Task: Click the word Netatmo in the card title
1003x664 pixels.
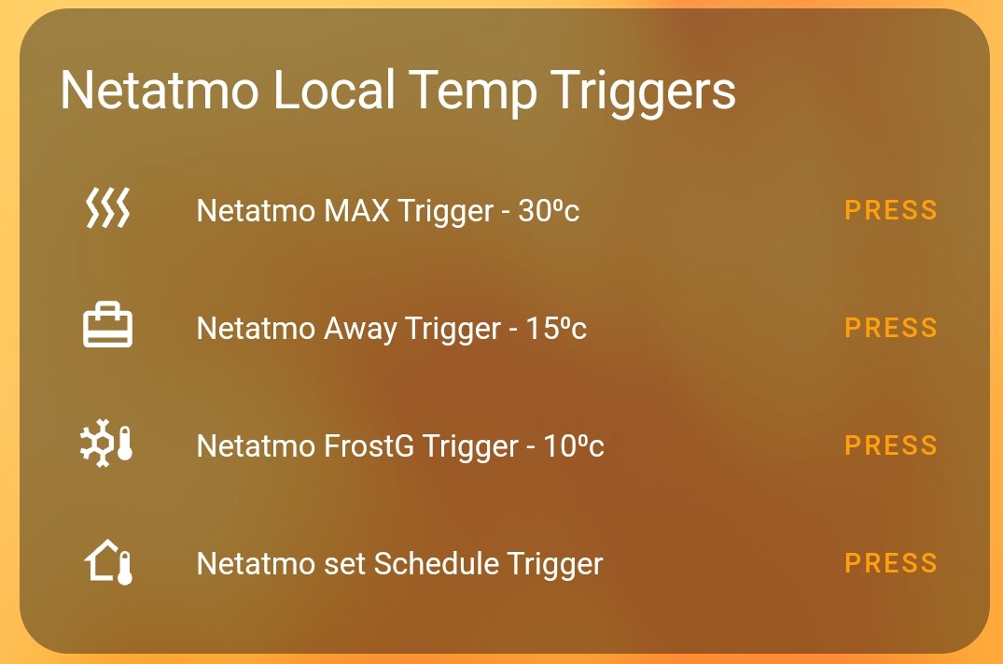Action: point(160,91)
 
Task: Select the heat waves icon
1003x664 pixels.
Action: point(107,208)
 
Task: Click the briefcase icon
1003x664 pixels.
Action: point(107,326)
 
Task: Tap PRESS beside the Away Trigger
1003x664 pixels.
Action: point(890,328)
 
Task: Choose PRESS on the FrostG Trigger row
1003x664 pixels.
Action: point(890,445)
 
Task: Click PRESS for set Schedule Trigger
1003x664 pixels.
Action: point(890,563)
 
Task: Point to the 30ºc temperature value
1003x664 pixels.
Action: point(549,211)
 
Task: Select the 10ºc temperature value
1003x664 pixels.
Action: point(573,446)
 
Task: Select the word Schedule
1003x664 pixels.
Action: point(436,564)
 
